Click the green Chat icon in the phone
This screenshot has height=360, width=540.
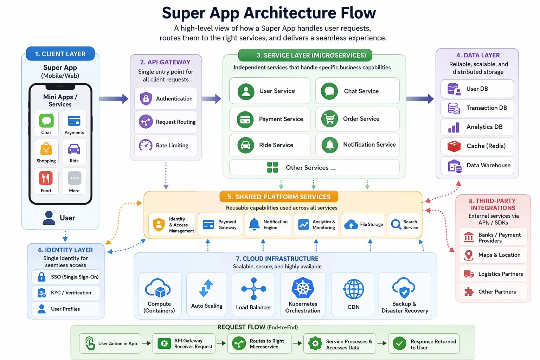click(x=46, y=121)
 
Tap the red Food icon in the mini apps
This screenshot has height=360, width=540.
click(x=46, y=178)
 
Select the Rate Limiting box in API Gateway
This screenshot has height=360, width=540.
click(x=166, y=145)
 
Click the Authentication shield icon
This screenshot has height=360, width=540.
click(x=146, y=98)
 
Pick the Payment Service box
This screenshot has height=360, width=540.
click(x=270, y=119)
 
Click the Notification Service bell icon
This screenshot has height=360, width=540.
click(x=329, y=145)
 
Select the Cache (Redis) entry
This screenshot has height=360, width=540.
click(x=477, y=146)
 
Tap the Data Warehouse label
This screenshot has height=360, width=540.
click(x=488, y=165)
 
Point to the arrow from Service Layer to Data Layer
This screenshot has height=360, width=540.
click(x=420, y=99)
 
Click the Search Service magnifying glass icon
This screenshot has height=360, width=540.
click(x=396, y=224)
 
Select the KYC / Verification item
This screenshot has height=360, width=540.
click(x=66, y=292)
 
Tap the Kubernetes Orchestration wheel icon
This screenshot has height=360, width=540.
click(x=302, y=288)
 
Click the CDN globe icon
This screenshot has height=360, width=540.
click(x=353, y=289)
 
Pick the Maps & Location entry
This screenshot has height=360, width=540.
click(x=493, y=255)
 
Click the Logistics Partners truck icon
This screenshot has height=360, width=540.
click(x=469, y=274)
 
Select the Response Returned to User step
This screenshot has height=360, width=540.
click(x=424, y=344)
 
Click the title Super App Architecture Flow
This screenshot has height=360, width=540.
click(x=269, y=13)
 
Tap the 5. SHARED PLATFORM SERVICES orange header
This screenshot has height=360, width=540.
click(x=279, y=197)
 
